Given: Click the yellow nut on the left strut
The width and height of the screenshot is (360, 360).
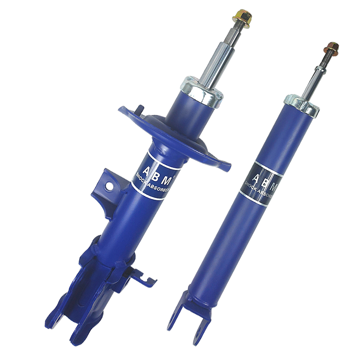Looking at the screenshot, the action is pos(242,18).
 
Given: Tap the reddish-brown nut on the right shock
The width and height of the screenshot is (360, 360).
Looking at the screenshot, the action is pos(332,49).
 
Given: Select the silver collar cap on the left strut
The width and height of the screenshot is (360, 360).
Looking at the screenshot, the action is pos(202,92).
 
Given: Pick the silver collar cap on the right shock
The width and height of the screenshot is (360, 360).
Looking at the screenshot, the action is pos(301,106).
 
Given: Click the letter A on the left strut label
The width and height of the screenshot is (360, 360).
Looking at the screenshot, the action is pos(147,171).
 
